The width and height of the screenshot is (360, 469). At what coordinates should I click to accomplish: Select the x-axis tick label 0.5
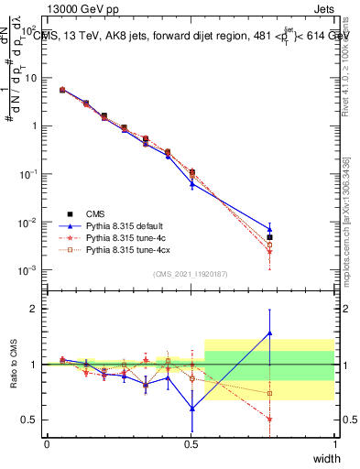191,444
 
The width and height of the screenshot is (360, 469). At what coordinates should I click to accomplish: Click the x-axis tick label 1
334,444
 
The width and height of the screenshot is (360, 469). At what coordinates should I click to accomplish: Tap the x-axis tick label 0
47,444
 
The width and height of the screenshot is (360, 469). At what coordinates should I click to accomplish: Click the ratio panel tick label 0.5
31,420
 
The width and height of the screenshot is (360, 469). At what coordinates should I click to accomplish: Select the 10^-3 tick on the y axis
28,270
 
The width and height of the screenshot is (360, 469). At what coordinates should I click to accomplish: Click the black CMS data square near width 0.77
269,237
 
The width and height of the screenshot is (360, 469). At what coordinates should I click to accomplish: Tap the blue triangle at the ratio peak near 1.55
269,333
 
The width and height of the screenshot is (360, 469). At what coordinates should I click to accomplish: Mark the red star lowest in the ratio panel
269,419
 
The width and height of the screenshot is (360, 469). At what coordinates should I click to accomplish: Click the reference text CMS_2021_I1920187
190,274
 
